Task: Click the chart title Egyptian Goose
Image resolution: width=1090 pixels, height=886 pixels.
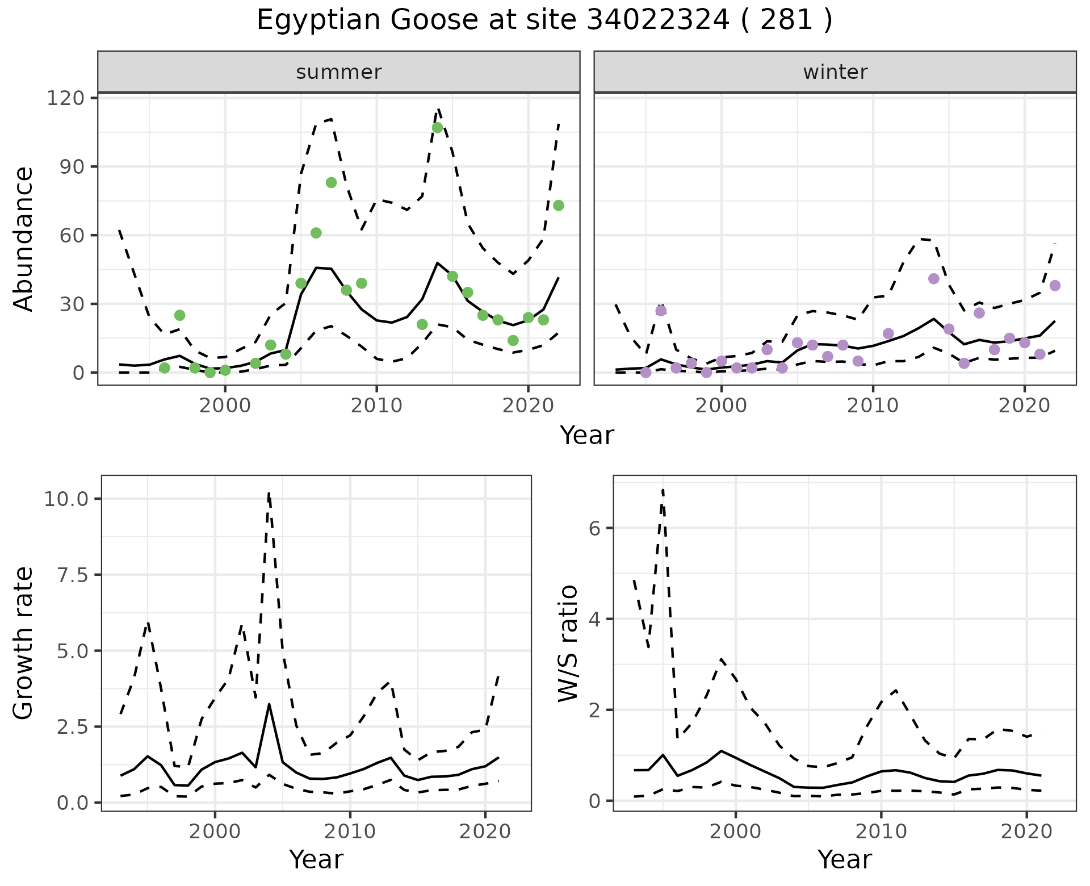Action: (x=544, y=20)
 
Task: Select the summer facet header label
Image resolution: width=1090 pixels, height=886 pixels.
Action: (x=338, y=72)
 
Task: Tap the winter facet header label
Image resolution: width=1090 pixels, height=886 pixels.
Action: (x=835, y=72)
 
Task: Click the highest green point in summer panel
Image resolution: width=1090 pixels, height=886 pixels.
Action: (x=437, y=128)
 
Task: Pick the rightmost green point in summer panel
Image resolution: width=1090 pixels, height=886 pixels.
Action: (x=559, y=206)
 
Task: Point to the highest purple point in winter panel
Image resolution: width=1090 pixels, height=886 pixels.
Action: (x=934, y=278)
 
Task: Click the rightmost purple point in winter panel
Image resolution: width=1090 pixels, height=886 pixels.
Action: (x=1055, y=286)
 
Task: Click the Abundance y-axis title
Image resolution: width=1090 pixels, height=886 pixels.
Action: (x=24, y=239)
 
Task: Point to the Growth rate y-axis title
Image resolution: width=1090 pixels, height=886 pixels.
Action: (x=24, y=643)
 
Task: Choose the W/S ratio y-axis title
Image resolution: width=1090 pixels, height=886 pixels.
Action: (x=568, y=643)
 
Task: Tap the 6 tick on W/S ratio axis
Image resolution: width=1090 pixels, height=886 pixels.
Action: (x=594, y=528)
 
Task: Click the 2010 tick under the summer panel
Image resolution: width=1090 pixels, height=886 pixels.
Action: (x=376, y=406)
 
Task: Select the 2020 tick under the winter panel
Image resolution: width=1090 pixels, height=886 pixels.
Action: (x=1024, y=406)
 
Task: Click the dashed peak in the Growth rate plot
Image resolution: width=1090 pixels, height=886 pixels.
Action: (x=269, y=493)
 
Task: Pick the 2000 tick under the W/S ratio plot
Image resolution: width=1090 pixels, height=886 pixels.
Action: (x=735, y=832)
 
